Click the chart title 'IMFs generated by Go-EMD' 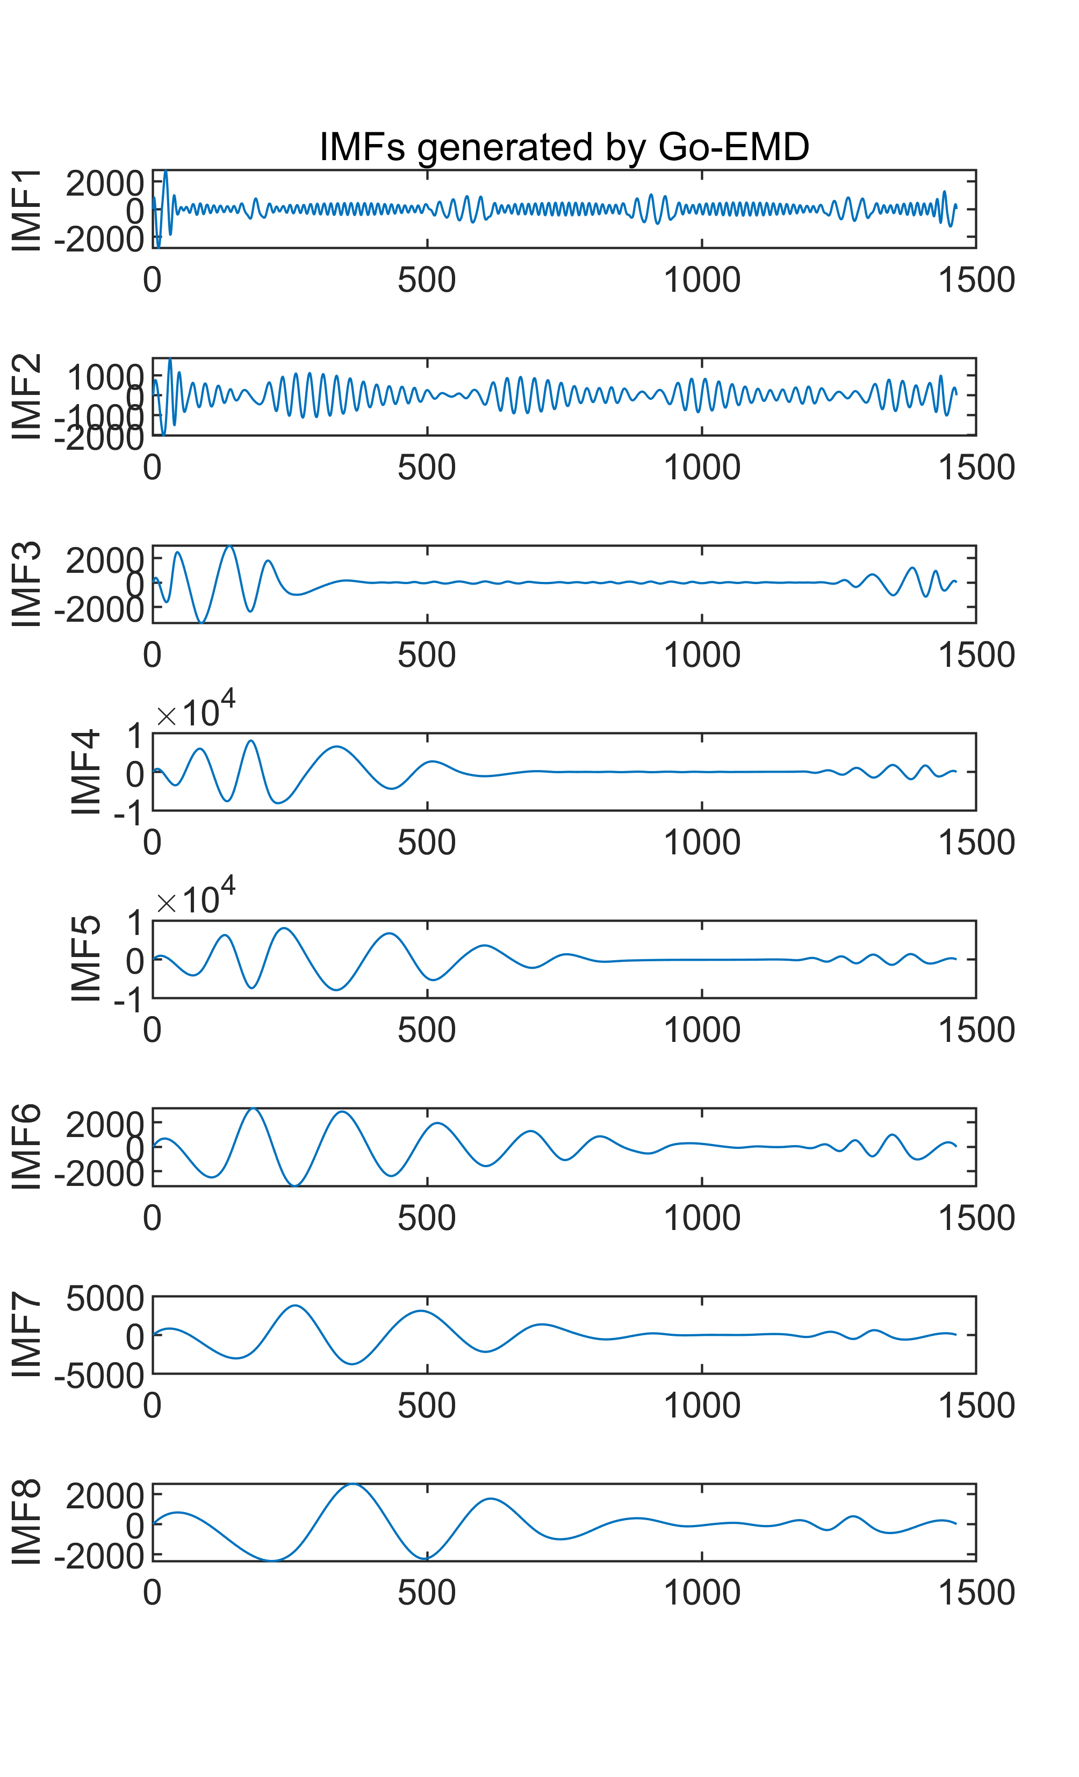click(x=564, y=147)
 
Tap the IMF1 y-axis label click(x=27, y=210)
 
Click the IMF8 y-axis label click(x=27, y=1522)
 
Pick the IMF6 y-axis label click(x=27, y=1147)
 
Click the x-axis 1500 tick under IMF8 click(x=976, y=1592)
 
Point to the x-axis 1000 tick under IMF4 click(x=701, y=843)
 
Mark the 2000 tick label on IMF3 click(x=105, y=561)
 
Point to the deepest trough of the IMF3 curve click(x=203, y=622)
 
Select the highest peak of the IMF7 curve click(x=296, y=1305)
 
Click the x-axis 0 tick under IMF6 click(x=152, y=1218)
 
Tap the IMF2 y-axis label click(x=27, y=397)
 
